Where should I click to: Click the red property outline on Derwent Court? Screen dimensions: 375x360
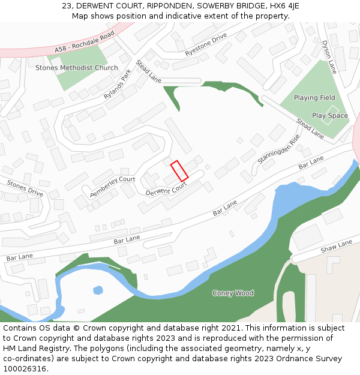179,170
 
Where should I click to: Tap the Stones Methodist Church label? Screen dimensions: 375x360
77,68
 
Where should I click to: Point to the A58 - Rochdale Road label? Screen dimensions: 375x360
84,42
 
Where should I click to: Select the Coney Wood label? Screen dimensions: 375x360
233,293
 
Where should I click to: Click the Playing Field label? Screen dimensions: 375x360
314,98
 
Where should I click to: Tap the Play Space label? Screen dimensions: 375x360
329,116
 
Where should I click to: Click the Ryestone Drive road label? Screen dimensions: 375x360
206,45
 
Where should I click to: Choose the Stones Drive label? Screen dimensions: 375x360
25,188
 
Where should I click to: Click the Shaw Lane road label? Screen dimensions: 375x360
336,246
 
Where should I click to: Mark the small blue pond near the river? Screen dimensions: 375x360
98,290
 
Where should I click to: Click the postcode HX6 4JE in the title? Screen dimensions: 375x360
283,6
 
